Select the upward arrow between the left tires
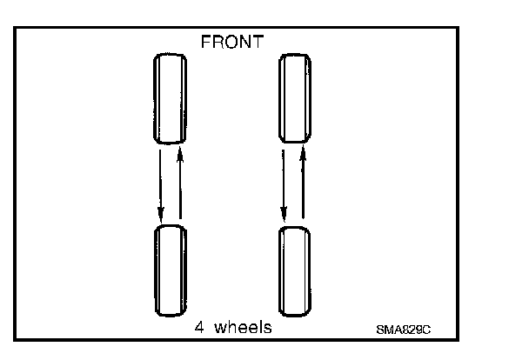(x=179, y=183)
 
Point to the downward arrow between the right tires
(x=285, y=183)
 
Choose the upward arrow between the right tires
(x=303, y=183)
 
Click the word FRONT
(x=233, y=41)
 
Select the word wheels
(x=243, y=328)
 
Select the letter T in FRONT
(x=259, y=41)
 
